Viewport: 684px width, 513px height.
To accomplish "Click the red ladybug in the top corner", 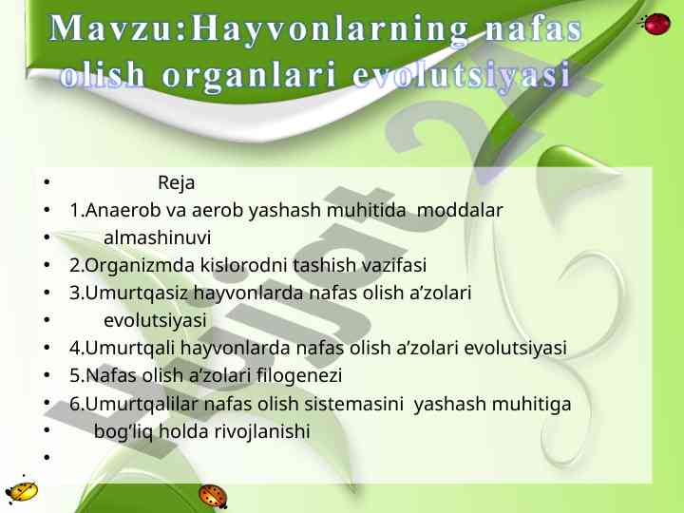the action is point(655,24).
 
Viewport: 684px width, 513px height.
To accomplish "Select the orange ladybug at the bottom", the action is point(213,497).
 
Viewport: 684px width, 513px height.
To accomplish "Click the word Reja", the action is point(177,182).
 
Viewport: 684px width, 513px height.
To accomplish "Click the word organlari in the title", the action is point(249,75).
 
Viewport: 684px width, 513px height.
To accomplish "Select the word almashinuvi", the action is point(158,237).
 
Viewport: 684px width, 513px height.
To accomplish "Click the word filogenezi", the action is point(299,375).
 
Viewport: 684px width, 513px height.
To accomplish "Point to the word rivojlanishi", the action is point(262,431).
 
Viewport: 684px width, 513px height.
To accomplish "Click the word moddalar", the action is point(460,210).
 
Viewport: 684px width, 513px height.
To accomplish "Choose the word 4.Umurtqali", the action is point(123,348).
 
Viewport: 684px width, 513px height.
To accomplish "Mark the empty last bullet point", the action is point(47,457).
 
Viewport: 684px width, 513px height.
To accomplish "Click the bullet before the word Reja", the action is point(47,182).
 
